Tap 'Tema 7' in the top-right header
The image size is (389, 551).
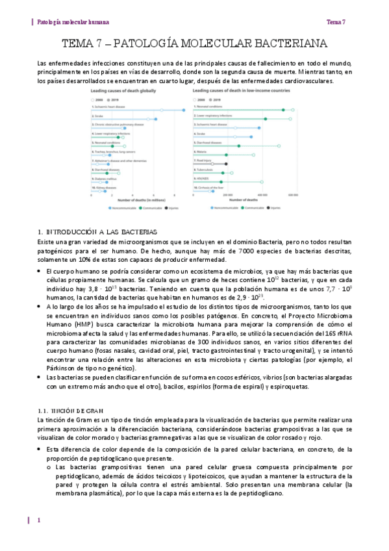tap(336, 21)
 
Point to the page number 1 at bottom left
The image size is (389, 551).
tap(39, 520)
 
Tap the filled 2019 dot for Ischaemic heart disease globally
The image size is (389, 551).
tap(184, 110)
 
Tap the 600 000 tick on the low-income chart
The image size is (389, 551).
tap(293, 194)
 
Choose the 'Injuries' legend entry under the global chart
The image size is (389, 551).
tap(171, 208)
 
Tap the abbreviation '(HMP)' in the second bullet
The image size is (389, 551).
tap(70, 321)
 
